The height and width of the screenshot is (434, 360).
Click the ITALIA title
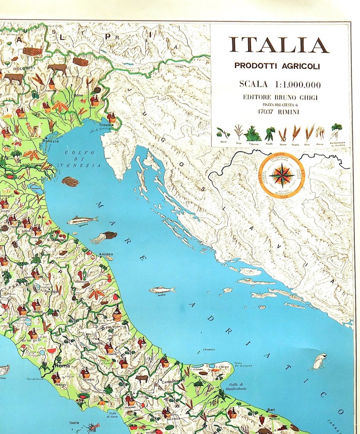click(x=279, y=45)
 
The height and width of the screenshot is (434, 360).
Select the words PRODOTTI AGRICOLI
click(x=277, y=66)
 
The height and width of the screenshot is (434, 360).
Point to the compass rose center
click(x=281, y=175)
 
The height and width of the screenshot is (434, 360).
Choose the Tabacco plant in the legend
click(x=252, y=134)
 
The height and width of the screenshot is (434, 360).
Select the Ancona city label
click(x=105, y=254)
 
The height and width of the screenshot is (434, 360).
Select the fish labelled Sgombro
click(x=82, y=220)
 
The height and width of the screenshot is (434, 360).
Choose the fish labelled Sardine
click(x=162, y=290)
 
